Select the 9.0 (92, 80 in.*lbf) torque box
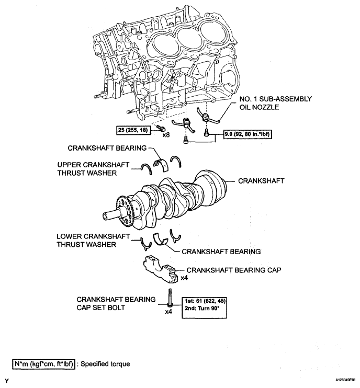[248, 134]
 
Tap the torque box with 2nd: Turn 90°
[204, 307]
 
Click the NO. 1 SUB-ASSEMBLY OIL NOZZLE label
[275, 103]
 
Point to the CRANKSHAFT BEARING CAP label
[234, 270]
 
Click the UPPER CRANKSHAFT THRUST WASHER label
[93, 169]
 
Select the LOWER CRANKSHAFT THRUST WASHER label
[93, 240]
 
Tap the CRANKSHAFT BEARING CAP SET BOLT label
[116, 303]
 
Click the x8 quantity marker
[166, 135]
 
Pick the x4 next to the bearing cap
[184, 278]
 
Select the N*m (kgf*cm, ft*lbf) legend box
[43, 364]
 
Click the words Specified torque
[105, 364]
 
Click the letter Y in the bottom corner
[7, 380]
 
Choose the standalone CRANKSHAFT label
[261, 181]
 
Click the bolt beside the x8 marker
[160, 128]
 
